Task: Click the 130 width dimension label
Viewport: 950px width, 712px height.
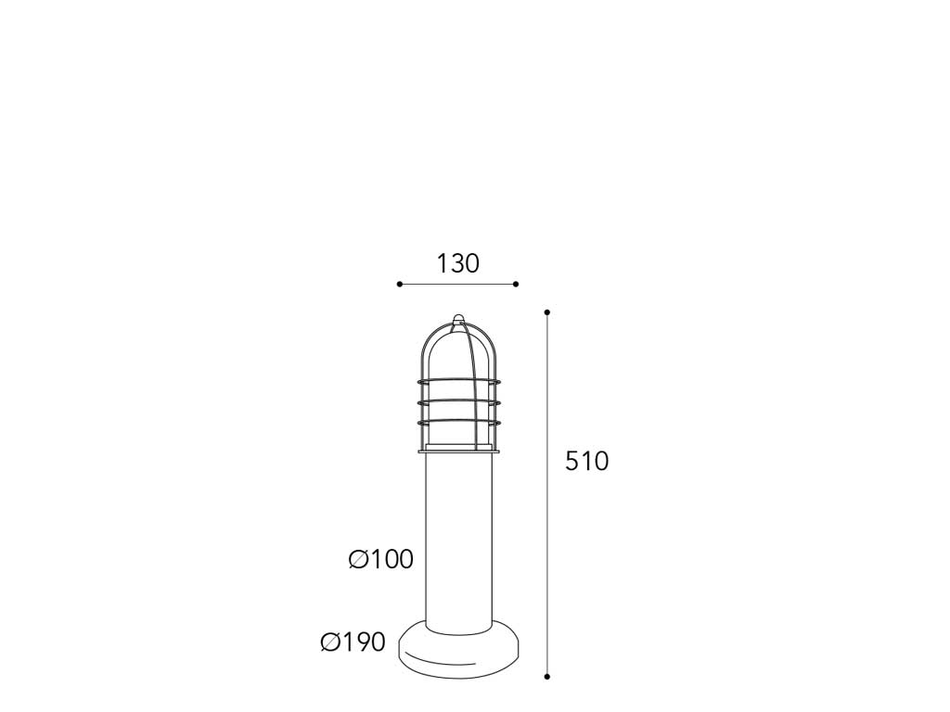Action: [458, 263]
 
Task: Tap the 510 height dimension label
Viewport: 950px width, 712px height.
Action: [586, 462]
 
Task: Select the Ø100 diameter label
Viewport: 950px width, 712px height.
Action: [381, 559]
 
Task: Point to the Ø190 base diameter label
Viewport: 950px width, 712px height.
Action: [353, 642]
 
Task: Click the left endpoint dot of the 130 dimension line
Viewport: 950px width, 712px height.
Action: [399, 284]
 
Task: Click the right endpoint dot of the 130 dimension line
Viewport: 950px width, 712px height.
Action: [516, 284]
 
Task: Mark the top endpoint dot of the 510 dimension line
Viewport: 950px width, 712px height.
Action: [547, 312]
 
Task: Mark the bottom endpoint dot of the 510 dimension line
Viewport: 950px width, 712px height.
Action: [547, 676]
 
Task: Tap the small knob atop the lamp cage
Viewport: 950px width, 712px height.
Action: [458, 318]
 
